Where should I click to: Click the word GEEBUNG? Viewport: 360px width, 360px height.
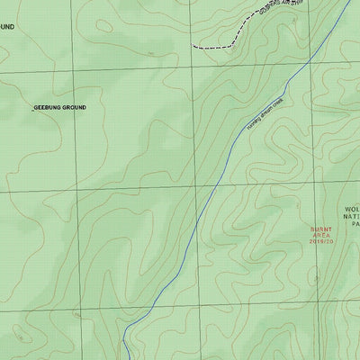pos(48,108)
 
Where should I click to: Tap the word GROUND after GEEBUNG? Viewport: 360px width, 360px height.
pos(75,108)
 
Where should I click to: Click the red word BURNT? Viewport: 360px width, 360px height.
pos(321,229)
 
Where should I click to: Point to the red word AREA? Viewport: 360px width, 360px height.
pos(321,236)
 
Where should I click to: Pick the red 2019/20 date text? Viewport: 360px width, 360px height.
pos(321,242)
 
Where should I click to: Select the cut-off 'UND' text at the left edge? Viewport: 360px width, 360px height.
pos(7,28)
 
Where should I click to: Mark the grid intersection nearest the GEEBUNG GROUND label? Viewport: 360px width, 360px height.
pos(72,69)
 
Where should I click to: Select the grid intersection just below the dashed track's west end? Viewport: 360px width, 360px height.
pos(192,68)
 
